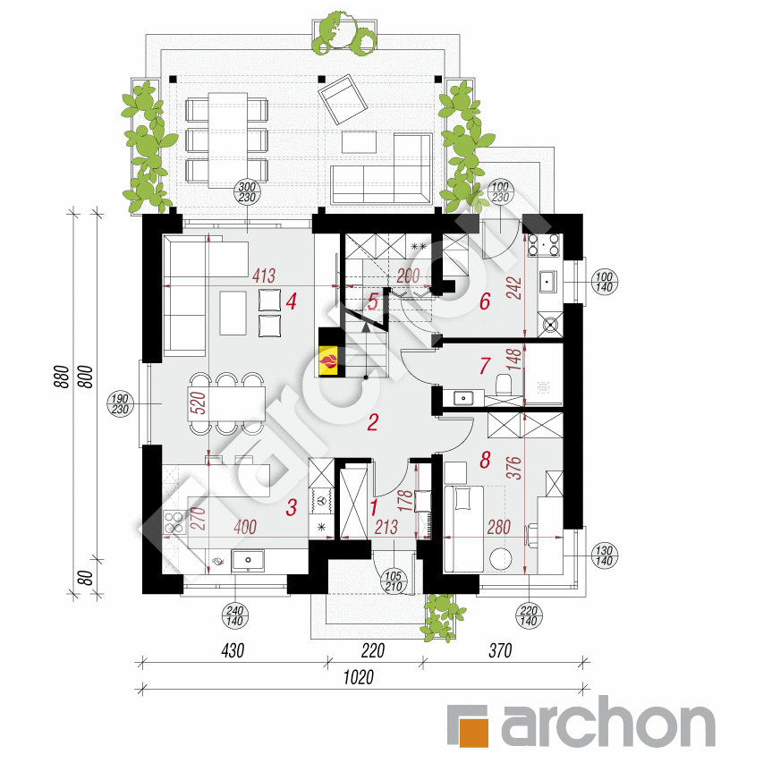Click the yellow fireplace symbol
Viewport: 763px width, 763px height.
point(328,360)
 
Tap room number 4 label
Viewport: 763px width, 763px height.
point(291,301)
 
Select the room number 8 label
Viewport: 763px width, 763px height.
point(485,460)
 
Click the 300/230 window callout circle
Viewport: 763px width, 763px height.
point(247,191)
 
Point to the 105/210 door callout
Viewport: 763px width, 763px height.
point(394,581)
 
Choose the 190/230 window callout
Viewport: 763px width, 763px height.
point(120,404)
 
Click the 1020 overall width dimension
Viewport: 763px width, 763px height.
point(359,677)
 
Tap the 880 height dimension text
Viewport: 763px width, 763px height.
point(62,377)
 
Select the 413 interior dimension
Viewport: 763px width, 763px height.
point(264,276)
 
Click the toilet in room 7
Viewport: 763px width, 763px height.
point(504,384)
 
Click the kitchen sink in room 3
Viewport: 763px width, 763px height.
point(248,561)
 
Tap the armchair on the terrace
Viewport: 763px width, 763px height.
point(343,98)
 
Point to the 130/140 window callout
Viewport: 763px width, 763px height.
point(604,556)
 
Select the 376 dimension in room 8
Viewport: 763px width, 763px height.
point(513,468)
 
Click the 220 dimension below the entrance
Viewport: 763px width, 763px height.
point(373,650)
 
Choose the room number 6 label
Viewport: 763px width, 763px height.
point(485,301)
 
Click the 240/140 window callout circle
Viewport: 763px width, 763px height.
point(235,615)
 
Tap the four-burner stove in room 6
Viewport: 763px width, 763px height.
point(543,245)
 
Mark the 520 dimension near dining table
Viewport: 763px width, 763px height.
point(198,403)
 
